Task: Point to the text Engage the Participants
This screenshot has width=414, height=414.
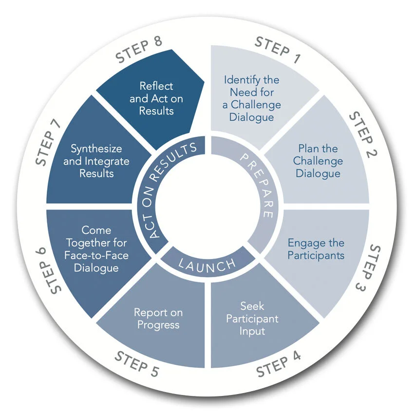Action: (x=316, y=249)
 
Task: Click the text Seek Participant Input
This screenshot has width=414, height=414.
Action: (x=259, y=319)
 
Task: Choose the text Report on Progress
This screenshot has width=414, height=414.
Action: (x=158, y=319)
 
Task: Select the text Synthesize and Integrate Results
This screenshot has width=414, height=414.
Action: (x=96, y=161)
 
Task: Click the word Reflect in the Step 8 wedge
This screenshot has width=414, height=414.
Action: (x=156, y=86)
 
